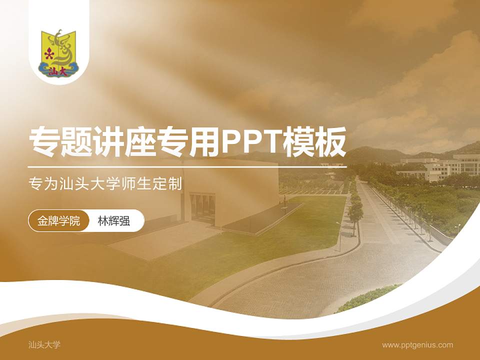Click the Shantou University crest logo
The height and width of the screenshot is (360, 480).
58,52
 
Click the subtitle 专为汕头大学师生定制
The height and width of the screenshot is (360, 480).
105,183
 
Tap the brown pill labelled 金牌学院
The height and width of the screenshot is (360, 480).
58,220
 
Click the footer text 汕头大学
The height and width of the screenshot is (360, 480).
44,344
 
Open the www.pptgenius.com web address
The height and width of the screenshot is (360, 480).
417,344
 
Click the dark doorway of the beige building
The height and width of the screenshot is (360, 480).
202,207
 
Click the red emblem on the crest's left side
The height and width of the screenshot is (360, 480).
48,54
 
